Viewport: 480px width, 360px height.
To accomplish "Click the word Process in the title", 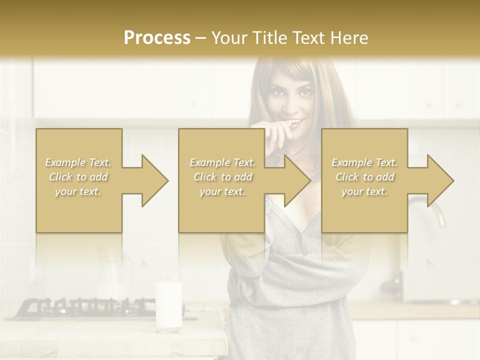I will click(x=157, y=38).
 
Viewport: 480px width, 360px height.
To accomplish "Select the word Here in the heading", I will click(x=349, y=38).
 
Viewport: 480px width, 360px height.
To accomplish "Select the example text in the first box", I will click(x=78, y=177).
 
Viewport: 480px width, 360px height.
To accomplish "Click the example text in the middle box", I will click(x=222, y=177).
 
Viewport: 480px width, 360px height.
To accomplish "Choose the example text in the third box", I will click(x=364, y=177).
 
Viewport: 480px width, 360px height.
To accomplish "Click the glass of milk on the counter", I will click(x=168, y=302).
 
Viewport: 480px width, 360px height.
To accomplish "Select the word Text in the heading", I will click(x=309, y=38).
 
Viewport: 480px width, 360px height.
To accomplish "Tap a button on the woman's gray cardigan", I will click(x=302, y=310).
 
